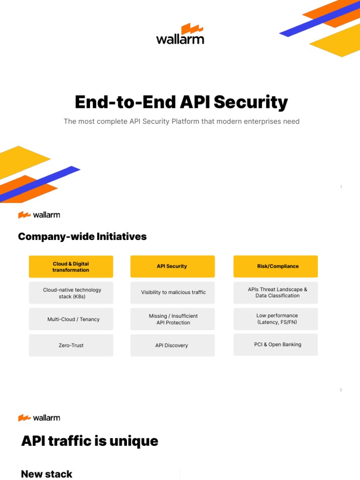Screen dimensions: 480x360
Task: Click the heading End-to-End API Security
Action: pos(181,102)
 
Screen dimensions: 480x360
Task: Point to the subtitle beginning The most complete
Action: pos(181,121)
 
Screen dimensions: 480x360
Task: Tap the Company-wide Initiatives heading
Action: pos(82,237)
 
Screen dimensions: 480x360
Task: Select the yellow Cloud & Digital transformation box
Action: pos(71,267)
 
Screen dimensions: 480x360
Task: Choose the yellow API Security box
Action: pos(172,266)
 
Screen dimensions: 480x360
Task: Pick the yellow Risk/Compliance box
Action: pos(275,266)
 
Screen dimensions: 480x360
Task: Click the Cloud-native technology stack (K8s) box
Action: pos(71,293)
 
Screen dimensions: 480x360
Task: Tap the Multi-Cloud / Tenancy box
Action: pos(71,319)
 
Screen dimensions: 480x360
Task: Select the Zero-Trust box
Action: pos(71,345)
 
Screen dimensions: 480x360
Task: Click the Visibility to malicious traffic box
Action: pos(172,292)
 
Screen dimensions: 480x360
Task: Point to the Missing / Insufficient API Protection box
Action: pos(172,319)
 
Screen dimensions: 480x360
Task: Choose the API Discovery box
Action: pos(172,345)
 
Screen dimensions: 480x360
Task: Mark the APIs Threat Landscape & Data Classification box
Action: pos(276,292)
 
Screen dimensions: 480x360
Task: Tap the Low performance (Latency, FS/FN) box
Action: pos(276,319)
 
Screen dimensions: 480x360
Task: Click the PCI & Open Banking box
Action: pos(276,345)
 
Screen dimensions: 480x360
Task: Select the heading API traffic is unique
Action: pos(90,441)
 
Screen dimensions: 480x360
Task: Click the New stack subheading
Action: pos(47,474)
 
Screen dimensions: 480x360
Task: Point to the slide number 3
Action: pos(341,390)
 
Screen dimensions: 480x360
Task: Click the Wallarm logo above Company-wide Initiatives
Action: pos(39,215)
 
